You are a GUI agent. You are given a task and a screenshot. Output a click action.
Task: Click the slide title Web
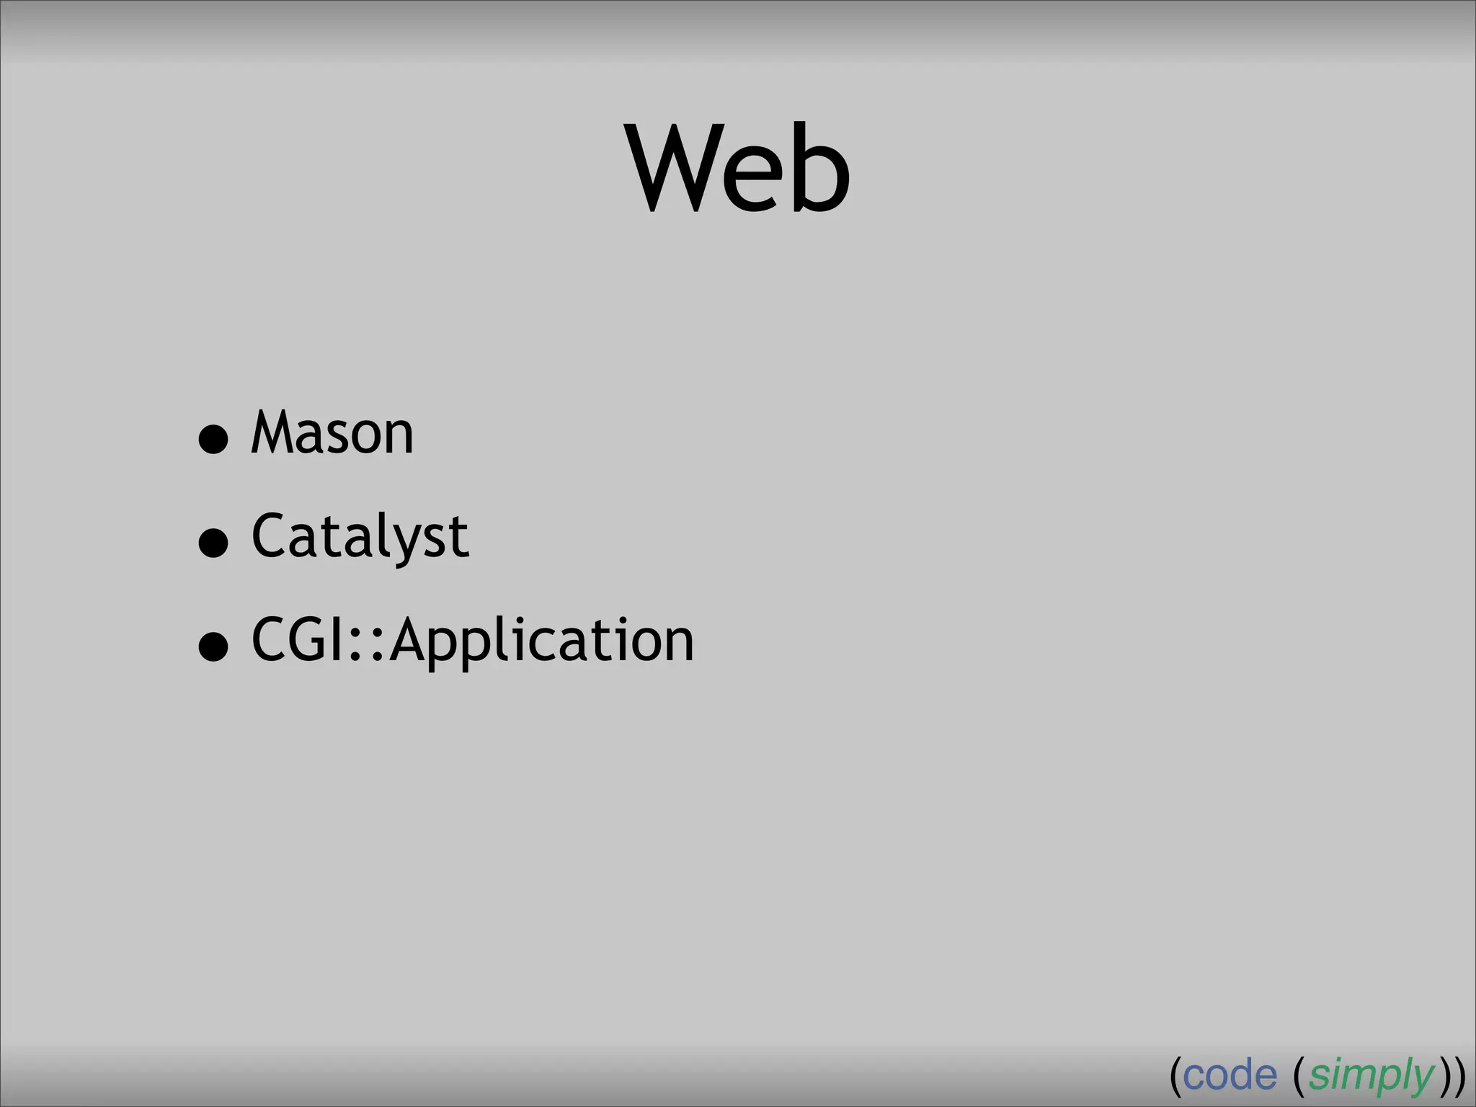739,170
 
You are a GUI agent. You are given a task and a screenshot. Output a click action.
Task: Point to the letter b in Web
821,170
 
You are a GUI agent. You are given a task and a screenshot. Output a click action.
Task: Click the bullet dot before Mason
213,439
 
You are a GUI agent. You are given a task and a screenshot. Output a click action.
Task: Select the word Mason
332,433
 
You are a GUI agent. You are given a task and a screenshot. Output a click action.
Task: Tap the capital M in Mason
273,433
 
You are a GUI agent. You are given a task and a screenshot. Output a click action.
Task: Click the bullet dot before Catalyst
213,543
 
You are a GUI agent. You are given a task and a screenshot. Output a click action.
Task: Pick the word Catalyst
360,537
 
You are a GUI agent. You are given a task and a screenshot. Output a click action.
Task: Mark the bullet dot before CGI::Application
213,646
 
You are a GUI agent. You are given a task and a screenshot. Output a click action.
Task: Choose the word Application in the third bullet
542,641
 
